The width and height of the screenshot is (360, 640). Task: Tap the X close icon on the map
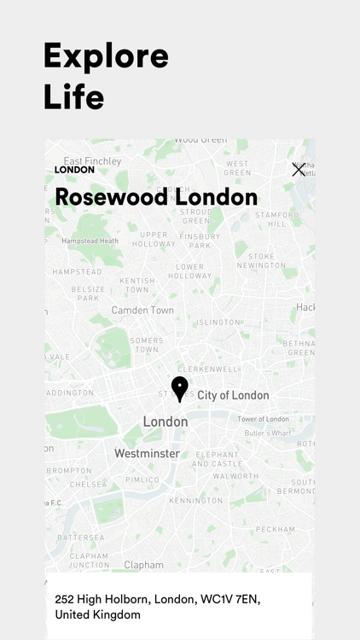coord(299,170)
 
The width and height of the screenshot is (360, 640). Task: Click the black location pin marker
coord(179,388)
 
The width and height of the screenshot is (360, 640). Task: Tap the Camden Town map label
coord(143,310)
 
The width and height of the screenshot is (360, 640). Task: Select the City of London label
coord(233,395)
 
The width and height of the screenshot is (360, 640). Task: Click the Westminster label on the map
coord(147,454)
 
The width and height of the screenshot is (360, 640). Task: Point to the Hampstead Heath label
coord(90,241)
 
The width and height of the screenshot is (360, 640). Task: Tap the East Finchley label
coord(92,160)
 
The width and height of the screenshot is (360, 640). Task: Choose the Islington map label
coord(218,323)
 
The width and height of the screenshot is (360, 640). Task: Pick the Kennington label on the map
coord(195,501)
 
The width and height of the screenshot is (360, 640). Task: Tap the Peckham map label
coord(276,529)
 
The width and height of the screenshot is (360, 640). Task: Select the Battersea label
coord(80,538)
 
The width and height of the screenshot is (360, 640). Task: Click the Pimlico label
coord(143,480)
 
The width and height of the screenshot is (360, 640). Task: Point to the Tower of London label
coord(263,419)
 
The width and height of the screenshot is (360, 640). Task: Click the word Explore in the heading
coord(106,56)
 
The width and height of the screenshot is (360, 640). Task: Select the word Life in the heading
coord(73,96)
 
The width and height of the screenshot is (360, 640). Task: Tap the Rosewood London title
coord(156,197)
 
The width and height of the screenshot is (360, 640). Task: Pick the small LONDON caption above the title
coord(74,170)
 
